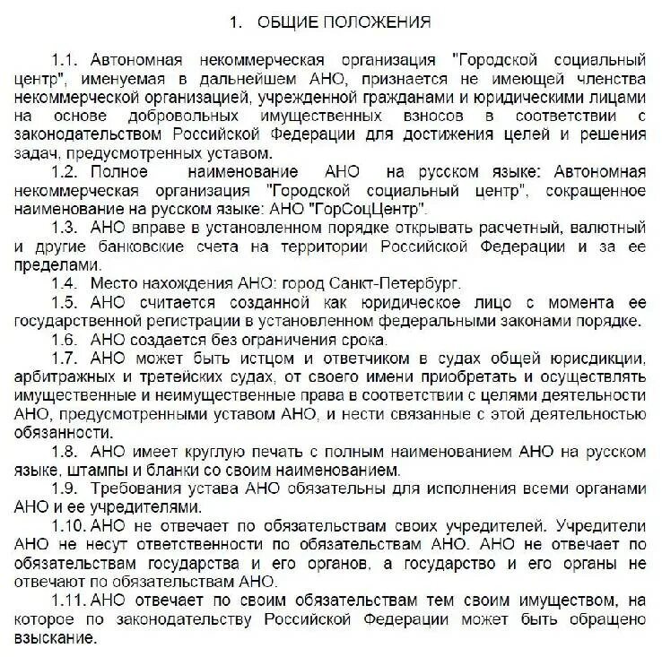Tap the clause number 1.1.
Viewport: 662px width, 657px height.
[x=65, y=61]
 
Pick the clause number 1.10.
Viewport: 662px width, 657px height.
[x=70, y=525]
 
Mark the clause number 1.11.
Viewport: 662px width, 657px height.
[x=70, y=601]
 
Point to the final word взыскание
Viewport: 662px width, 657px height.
[x=51, y=638]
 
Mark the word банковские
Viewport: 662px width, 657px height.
[x=133, y=245]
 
